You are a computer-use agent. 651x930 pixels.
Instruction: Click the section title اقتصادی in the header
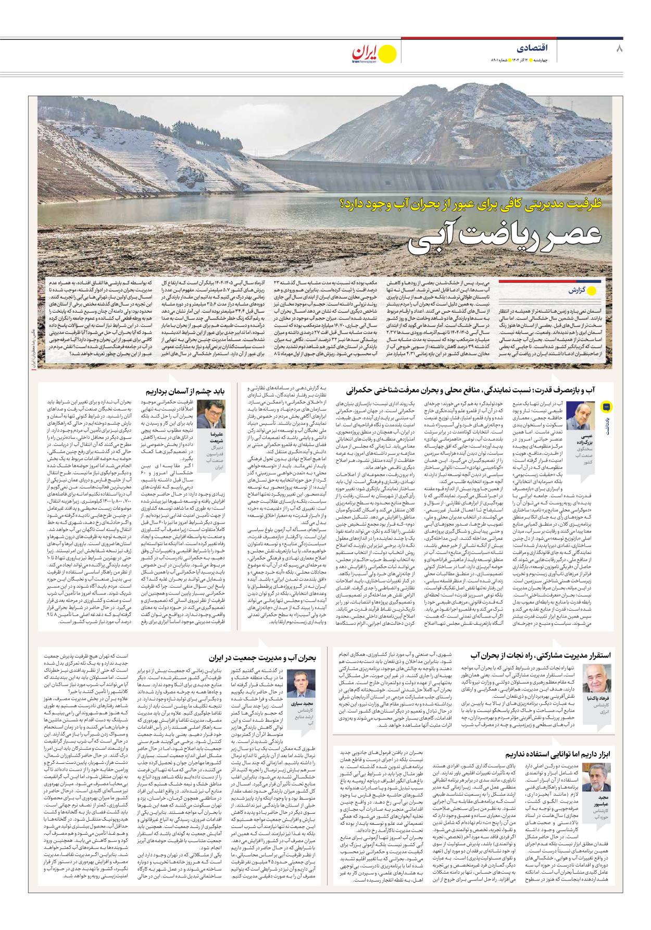[532, 48]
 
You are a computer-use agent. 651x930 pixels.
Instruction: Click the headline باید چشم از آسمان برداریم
[185, 391]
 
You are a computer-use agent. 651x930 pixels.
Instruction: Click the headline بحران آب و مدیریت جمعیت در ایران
[262, 658]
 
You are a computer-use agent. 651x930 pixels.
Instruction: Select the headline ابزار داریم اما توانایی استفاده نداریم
[557, 754]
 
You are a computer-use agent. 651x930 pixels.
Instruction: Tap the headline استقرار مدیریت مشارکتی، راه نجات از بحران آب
[541, 655]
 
